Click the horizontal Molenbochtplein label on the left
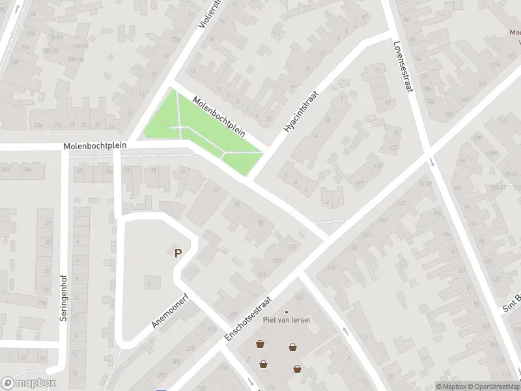(95, 147)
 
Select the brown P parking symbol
(177, 253)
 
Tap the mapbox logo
(29, 383)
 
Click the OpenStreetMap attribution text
(493, 386)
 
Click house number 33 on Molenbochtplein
(216, 190)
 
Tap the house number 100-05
(81, 46)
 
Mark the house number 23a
(39, 125)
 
